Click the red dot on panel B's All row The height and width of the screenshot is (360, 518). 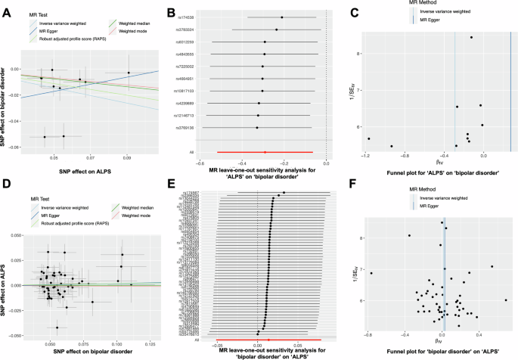(x=265, y=152)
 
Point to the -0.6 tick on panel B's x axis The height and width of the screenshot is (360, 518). (x=200, y=162)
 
